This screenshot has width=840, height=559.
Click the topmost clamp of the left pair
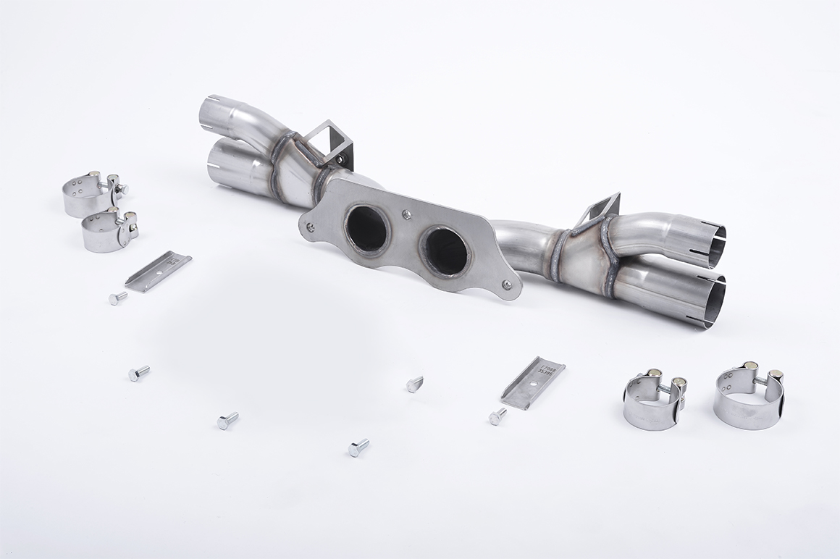point(91,194)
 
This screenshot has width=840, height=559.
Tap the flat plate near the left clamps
point(158,271)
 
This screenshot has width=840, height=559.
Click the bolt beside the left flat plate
point(117,298)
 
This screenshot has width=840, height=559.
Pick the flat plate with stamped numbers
point(533,382)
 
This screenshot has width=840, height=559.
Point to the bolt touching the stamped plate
point(497,416)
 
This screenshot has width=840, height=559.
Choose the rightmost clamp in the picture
point(749,398)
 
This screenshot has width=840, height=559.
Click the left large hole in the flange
point(367,229)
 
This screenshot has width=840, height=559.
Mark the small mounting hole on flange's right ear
point(508,285)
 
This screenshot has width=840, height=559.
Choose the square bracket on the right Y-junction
point(600,210)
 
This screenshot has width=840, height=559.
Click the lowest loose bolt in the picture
point(358,447)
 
